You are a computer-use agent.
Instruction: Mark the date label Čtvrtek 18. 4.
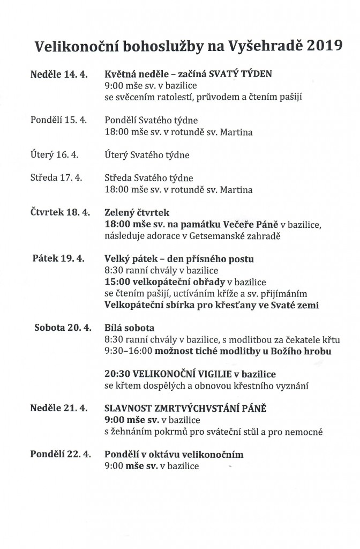(59, 212)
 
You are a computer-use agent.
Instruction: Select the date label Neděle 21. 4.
(59, 408)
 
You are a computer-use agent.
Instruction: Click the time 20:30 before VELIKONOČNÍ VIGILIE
(117, 374)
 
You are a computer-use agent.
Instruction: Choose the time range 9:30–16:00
(129, 351)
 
